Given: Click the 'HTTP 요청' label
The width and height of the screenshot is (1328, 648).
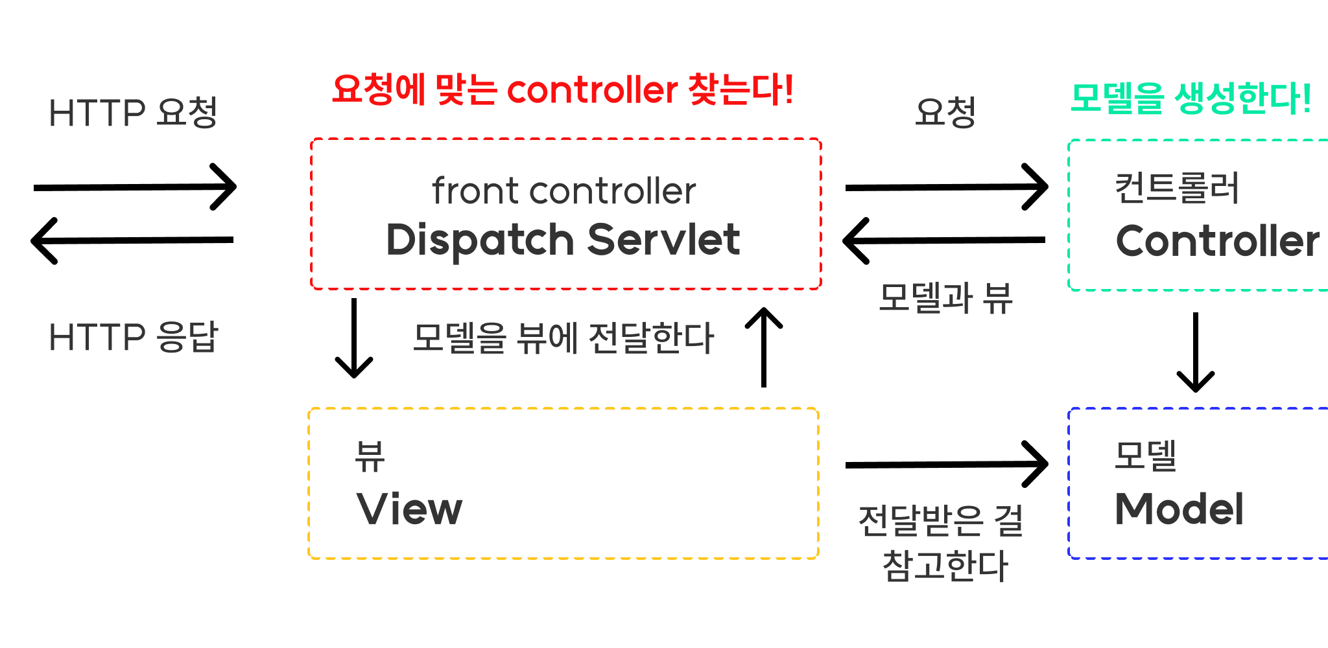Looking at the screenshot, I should [133, 113].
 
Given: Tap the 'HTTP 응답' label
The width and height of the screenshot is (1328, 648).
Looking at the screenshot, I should [133, 337].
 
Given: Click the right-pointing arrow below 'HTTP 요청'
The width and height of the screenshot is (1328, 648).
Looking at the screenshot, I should [135, 187].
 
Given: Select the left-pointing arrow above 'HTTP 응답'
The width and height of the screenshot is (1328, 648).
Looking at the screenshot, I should [133, 240].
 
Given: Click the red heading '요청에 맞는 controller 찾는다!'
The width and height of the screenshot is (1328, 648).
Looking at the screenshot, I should [562, 89].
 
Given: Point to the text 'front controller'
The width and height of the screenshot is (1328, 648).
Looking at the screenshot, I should [563, 191].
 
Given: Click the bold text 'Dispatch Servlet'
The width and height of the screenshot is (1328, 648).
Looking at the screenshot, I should [563, 240].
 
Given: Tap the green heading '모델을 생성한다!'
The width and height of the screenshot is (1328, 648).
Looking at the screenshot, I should [1190, 99].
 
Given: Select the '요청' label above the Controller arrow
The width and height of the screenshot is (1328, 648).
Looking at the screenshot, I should [945, 113].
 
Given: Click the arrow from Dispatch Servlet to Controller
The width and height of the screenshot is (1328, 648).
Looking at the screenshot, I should [946, 187].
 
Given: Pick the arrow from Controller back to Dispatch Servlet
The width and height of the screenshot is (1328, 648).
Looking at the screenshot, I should [944, 240].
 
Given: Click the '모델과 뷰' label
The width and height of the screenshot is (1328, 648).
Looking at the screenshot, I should [945, 298].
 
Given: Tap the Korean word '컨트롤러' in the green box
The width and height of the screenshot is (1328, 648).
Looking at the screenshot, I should [1176, 188].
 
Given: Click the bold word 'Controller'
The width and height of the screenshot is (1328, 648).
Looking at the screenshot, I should [1217, 241].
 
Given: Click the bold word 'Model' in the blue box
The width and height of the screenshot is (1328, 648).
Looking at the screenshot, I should [1179, 509].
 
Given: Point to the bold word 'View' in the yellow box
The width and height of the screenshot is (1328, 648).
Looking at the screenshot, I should [409, 509].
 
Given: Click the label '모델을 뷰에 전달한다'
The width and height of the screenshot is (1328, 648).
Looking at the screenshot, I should [563, 338].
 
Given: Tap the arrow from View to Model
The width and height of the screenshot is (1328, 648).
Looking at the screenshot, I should [946, 465].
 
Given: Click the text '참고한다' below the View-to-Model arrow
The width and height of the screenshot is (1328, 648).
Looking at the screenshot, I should [945, 566].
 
